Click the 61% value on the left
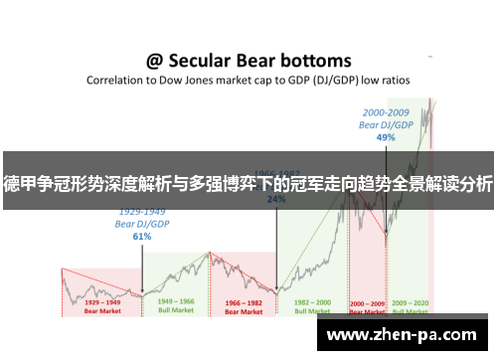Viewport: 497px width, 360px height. click(142, 237)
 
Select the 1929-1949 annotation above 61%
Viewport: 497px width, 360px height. click(142, 212)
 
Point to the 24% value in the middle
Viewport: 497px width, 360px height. click(276, 199)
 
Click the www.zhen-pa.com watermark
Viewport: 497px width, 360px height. click(403, 335)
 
